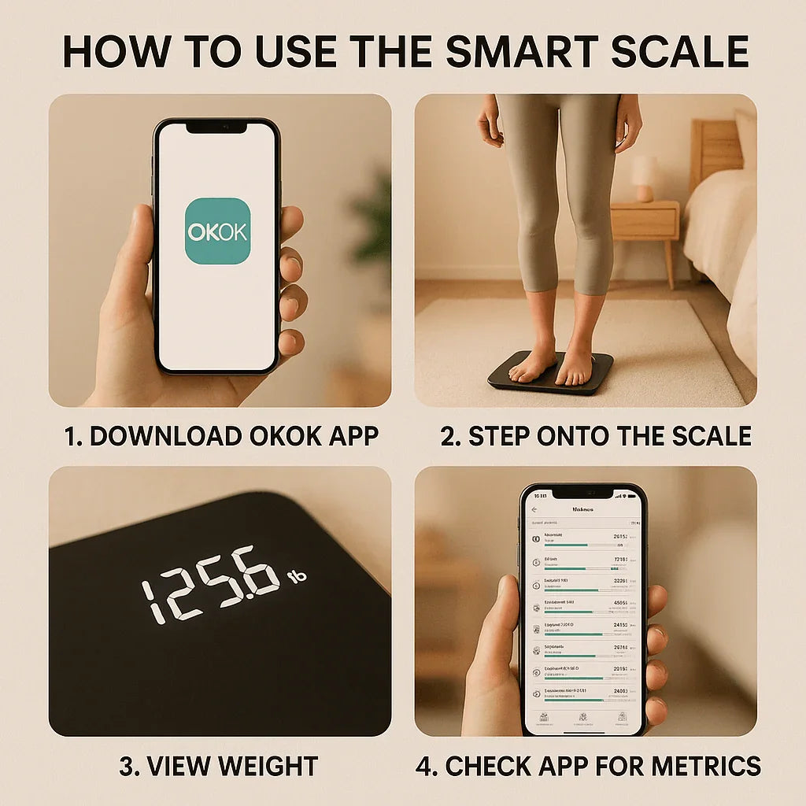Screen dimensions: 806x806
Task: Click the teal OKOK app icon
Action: tap(217, 231)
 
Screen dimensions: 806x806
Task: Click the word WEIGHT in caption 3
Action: tap(268, 765)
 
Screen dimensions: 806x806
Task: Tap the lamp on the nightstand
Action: tap(645, 178)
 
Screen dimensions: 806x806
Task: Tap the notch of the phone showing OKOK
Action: tap(216, 128)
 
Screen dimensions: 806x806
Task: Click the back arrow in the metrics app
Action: tap(534, 509)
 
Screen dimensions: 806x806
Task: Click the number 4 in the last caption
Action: tap(424, 765)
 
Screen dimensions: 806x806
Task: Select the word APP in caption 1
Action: tap(351, 436)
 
